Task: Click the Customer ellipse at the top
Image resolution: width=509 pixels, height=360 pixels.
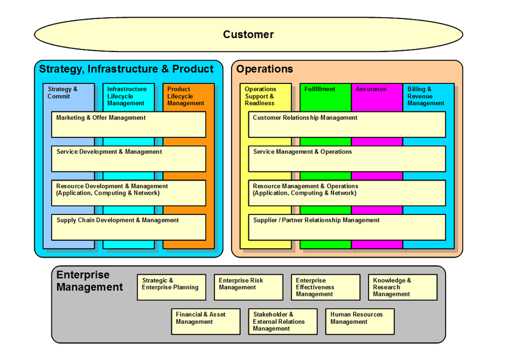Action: click(248, 34)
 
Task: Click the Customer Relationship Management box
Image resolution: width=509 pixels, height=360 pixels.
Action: click(347, 124)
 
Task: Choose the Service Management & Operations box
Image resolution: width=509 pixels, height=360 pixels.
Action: click(347, 158)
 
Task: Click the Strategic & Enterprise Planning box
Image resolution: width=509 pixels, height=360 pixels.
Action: click(171, 287)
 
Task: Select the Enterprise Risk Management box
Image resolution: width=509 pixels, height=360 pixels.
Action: click(248, 287)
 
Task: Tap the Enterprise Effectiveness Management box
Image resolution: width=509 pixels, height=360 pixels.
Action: click(324, 287)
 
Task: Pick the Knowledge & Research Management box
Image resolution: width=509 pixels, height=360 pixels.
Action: click(402, 287)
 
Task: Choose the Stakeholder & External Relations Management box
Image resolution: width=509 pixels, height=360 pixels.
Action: click(282, 321)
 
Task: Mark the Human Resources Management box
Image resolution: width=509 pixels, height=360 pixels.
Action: click(359, 321)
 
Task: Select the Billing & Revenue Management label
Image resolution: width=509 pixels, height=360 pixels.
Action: click(426, 96)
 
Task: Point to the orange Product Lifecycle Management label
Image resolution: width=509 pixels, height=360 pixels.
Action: click(186, 96)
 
